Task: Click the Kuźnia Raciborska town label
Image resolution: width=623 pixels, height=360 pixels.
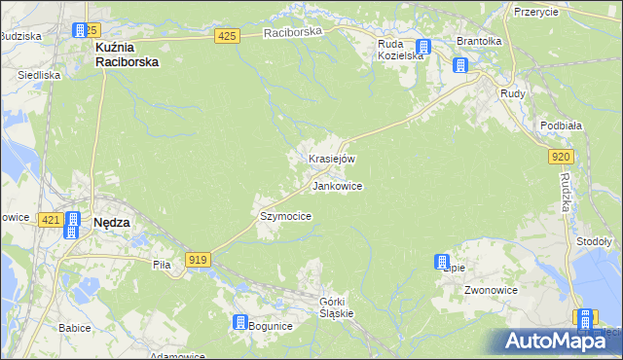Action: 127,53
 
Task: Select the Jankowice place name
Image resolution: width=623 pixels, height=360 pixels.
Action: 338,185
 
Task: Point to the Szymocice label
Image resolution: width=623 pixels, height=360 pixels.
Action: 285,217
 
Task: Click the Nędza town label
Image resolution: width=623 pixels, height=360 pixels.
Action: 111,222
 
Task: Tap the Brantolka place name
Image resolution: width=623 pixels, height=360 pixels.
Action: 479,42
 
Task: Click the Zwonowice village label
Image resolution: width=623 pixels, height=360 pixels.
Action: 490,290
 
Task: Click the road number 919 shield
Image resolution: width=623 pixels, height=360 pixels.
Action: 198,259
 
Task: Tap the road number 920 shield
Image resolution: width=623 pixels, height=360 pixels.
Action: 560,156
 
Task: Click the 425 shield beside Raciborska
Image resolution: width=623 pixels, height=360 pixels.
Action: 227,36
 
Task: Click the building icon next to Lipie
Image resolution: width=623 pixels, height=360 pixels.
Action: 442,262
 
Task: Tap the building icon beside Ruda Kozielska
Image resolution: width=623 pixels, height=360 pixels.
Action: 422,47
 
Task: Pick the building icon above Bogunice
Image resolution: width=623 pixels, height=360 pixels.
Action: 240,322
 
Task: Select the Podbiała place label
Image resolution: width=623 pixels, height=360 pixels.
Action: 560,126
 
